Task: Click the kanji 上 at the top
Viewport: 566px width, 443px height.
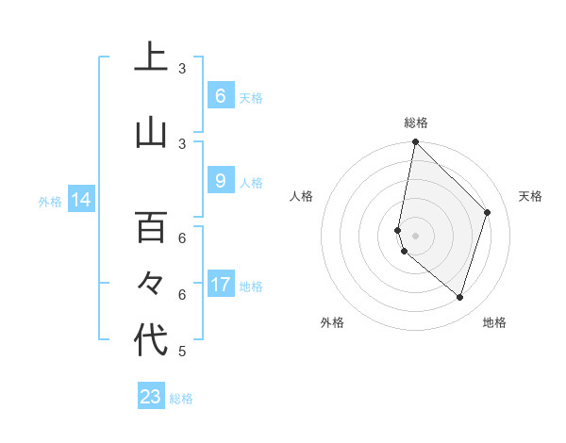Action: click(151, 58)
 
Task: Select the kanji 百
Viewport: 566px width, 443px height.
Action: click(151, 227)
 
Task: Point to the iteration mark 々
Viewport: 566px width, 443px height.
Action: click(151, 283)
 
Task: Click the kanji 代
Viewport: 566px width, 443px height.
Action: click(151, 340)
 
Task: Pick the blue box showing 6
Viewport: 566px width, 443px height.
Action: click(220, 95)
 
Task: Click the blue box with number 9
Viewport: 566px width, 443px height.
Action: click(220, 180)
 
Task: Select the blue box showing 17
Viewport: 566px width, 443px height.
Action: click(221, 285)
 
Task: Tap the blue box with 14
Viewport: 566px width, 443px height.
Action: click(80, 200)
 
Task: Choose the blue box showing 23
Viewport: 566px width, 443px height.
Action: click(151, 397)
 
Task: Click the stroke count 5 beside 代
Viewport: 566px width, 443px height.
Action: click(182, 352)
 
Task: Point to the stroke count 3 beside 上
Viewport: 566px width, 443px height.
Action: click(182, 69)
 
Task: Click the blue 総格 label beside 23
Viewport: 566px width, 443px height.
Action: click(181, 399)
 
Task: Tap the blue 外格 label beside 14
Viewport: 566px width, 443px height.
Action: click(50, 201)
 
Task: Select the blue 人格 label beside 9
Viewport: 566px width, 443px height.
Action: click(251, 182)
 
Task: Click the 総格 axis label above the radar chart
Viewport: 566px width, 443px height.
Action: click(415, 123)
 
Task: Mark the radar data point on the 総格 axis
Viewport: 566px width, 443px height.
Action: click(415, 142)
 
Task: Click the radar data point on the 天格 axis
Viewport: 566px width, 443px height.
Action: click(488, 212)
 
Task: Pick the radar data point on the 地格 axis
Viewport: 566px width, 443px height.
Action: click(459, 297)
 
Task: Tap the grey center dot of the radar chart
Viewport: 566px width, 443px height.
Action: click(415, 236)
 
